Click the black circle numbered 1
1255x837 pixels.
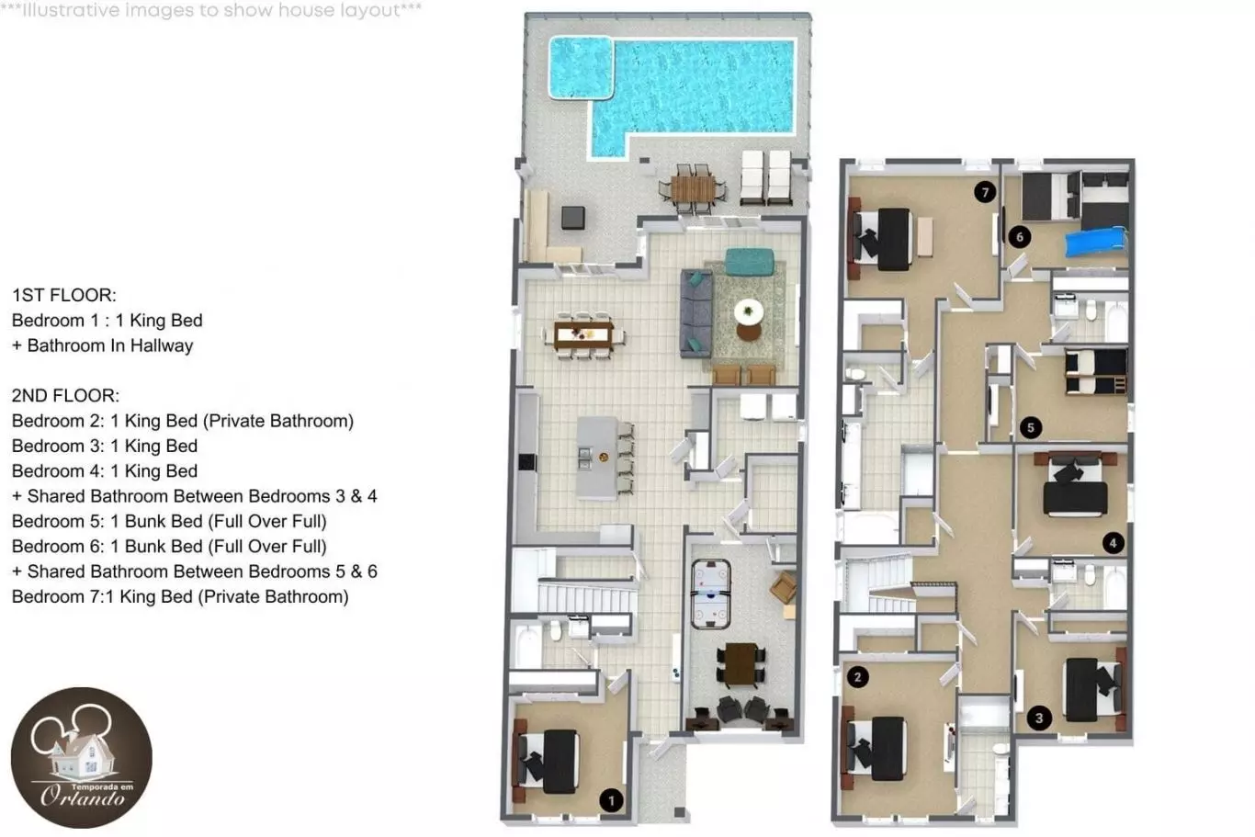611,800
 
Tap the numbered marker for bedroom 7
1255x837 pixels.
985,192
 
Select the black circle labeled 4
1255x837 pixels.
1113,543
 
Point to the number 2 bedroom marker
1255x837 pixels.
857,677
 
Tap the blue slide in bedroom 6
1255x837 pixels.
1096,241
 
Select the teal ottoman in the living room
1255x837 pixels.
750,262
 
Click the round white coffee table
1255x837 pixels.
749,311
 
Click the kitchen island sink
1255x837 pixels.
584,458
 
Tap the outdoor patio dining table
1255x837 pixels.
693,189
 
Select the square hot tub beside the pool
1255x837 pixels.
581,68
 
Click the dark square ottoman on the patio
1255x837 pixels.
573,218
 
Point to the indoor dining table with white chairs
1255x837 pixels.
583,335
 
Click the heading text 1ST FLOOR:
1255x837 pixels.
64,295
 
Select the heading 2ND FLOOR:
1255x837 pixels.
65,395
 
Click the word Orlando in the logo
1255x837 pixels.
83,797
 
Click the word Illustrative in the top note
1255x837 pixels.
71,10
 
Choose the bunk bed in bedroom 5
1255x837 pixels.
1096,371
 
